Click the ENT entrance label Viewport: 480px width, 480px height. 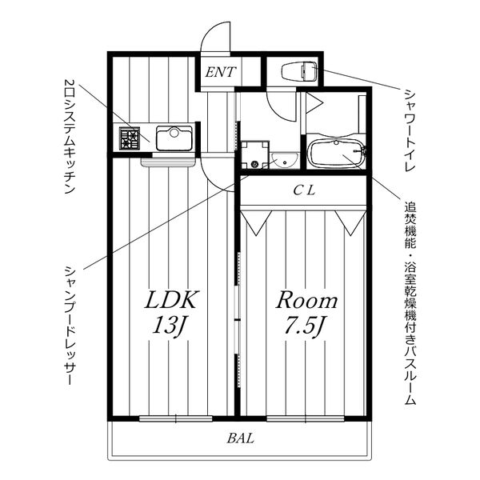pyautogui.click(x=221, y=72)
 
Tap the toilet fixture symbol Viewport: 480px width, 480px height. pyautogui.click(x=299, y=72)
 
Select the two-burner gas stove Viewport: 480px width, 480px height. pyautogui.click(x=130, y=138)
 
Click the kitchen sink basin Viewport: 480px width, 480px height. pyautogui.click(x=174, y=138)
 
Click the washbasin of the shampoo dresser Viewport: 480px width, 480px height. pyautogui.click(x=285, y=160)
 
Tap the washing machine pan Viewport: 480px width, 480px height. pyautogui.click(x=254, y=154)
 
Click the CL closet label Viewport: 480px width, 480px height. pyautogui.click(x=304, y=190)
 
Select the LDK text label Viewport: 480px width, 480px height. pyautogui.click(x=170, y=299)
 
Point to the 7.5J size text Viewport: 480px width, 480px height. pyautogui.click(x=304, y=326)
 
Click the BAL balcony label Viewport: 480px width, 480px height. pyautogui.click(x=241, y=438)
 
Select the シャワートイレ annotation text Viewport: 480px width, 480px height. pyautogui.click(x=410, y=130)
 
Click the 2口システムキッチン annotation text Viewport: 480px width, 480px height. pyautogui.click(x=70, y=136)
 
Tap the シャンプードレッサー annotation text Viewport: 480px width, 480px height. pyautogui.click(x=70, y=326)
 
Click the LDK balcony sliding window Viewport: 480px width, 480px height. pyautogui.click(x=176, y=418)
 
